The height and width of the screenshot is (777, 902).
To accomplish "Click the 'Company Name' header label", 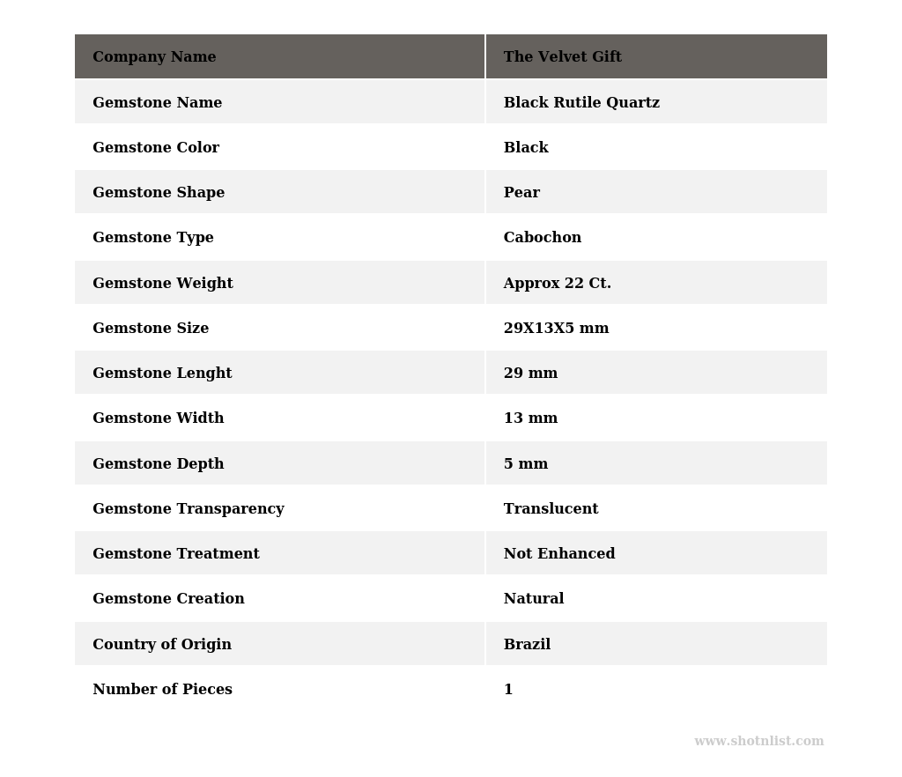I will [x=154, y=57].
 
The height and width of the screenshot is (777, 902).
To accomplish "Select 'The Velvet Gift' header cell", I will [x=562, y=57].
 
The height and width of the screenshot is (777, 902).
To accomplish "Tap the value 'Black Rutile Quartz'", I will [x=581, y=103].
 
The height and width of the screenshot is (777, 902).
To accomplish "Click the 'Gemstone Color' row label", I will [x=156, y=148].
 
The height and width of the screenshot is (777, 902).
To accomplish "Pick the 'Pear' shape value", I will [x=521, y=193].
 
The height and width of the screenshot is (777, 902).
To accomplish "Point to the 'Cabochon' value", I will [x=542, y=238].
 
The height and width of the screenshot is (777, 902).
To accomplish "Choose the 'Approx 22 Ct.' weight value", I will [x=557, y=284].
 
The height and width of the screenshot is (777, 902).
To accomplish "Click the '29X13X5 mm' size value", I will [x=556, y=329].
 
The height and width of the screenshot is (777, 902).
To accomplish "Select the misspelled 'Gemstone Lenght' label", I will [x=162, y=374].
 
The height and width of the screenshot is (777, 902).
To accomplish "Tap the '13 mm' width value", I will [x=530, y=418].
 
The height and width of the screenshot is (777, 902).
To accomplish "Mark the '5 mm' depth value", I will [x=525, y=464].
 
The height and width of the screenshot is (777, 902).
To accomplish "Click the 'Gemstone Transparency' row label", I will [x=189, y=509].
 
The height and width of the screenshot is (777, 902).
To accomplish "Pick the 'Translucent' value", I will [x=551, y=509].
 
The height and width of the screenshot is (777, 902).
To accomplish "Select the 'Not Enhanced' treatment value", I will [x=559, y=554].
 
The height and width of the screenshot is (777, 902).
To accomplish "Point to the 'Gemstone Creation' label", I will [x=168, y=599].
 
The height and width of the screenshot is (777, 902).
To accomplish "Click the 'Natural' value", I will [x=533, y=599].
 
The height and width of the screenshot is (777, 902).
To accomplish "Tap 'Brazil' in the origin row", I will [x=527, y=645].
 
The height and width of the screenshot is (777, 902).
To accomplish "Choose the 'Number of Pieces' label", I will [x=162, y=690].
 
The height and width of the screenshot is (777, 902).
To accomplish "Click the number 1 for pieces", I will [x=508, y=690].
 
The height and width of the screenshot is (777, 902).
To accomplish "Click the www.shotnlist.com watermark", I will [x=758, y=742].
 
